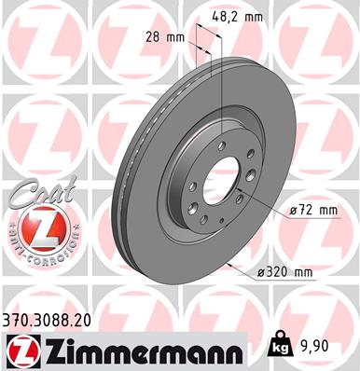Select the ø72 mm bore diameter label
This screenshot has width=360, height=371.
(312, 211)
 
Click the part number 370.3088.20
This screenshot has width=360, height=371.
(48, 320)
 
